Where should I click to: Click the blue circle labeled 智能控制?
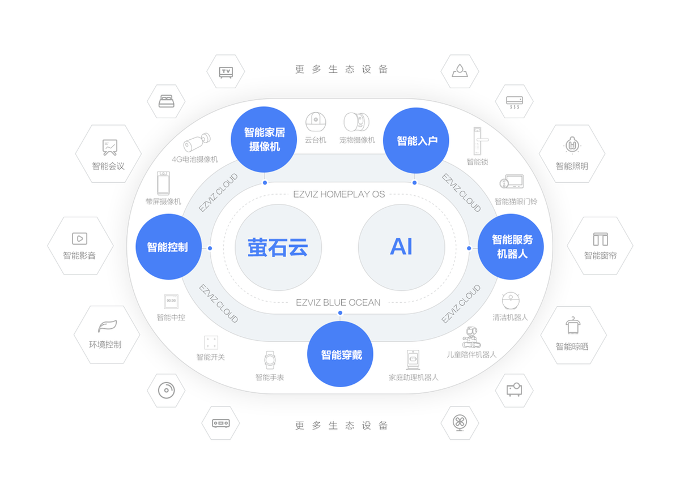tap(168, 247)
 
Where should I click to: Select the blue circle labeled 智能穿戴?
tap(341, 354)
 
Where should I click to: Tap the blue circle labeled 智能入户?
tap(416, 141)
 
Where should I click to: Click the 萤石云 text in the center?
tap(278, 247)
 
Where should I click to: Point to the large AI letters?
tap(401, 247)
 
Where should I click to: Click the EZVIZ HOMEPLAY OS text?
tap(339, 194)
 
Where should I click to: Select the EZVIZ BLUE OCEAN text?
tap(338, 303)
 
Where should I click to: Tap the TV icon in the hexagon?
tap(226, 72)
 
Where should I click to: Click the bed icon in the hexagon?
tap(167, 101)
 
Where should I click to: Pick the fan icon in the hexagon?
tap(460, 423)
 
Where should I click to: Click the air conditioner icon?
tap(515, 102)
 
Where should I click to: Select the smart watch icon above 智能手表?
tap(270, 360)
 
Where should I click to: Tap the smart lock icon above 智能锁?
tap(479, 141)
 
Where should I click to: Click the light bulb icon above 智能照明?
tap(572, 145)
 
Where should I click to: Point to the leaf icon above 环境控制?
tap(107, 326)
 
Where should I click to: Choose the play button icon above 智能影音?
tap(79, 239)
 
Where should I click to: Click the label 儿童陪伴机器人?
tap(471, 354)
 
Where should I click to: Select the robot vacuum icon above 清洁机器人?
tap(511, 301)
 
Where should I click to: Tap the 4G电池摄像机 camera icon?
tap(197, 142)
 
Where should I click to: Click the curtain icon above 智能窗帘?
tap(601, 239)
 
